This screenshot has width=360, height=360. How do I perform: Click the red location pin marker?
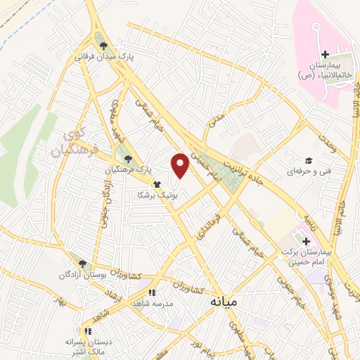pyautogui.click(x=181, y=165)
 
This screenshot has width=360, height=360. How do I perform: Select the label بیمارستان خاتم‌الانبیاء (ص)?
pyautogui.click(x=324, y=70)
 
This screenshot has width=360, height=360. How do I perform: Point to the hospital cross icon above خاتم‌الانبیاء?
pyautogui.click(x=324, y=55)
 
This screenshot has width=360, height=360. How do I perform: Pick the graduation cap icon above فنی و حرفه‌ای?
pyautogui.click(x=307, y=160)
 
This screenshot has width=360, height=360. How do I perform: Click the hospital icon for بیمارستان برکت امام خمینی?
pyautogui.click(x=305, y=241)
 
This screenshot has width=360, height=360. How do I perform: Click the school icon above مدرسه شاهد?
pyautogui.click(x=151, y=292)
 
